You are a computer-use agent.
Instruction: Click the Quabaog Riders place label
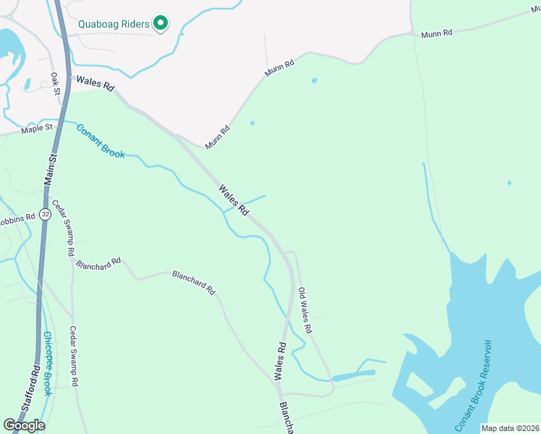[x=114, y=24]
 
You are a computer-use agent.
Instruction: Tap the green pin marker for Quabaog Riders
[x=161, y=25]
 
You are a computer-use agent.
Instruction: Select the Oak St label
[x=55, y=82]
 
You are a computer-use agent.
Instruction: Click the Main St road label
[x=51, y=171]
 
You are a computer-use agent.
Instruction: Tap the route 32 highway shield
[x=46, y=214]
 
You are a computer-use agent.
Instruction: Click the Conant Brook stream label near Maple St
[x=101, y=141]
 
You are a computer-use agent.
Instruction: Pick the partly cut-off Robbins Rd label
[x=17, y=217]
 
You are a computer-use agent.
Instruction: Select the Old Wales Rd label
[x=304, y=310]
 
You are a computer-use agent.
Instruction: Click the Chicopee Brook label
[x=48, y=363]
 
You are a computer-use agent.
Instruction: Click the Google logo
[x=24, y=425]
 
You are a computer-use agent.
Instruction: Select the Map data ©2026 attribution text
[x=511, y=428]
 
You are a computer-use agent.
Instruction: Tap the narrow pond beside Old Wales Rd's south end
[x=354, y=375]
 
